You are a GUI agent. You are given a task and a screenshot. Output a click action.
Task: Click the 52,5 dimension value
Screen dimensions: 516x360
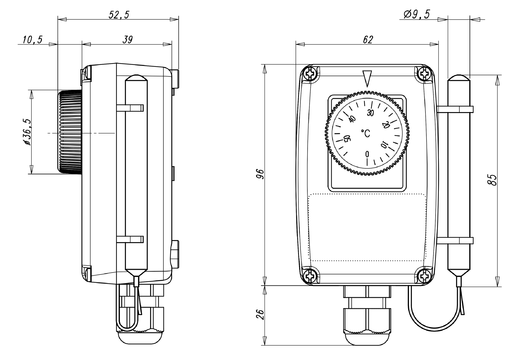119,15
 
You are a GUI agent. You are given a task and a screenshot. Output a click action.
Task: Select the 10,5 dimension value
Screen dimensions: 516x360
33,40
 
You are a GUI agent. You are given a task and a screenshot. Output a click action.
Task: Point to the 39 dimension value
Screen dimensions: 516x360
127,40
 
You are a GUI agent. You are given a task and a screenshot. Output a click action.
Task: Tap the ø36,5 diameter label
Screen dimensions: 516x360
27,132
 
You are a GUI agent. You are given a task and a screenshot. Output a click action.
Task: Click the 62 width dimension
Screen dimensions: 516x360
367,40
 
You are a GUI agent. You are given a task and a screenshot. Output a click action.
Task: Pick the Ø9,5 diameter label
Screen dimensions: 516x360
416,14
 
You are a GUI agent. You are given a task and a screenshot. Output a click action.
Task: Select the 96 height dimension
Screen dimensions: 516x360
260,174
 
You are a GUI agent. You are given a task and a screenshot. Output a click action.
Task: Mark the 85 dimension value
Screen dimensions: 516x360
492,180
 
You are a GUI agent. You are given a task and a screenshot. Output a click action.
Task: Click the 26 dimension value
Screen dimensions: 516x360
260,314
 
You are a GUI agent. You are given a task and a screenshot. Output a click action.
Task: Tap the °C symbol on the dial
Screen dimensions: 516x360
366,133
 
